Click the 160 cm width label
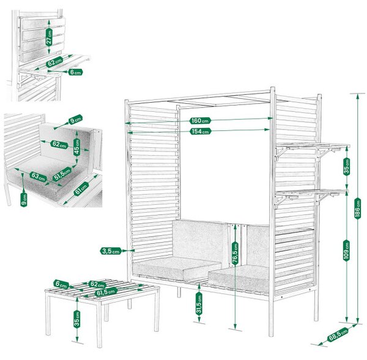[201, 120]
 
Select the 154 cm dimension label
[201, 131]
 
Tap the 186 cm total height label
[357, 208]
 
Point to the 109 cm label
[347, 251]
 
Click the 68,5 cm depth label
[338, 334]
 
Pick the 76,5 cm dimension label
[235, 254]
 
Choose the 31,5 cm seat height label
[199, 304]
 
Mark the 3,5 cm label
[111, 251]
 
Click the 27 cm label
[49, 37]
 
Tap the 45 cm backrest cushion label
[77, 147]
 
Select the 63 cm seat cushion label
[38, 177]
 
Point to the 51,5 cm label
[62, 174]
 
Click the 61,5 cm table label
[106, 292]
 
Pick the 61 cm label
[81, 189]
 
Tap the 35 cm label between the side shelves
[347, 166]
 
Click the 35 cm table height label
[77, 319]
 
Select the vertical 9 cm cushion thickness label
[24, 199]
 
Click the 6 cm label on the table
[61, 284]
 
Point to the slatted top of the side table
[102, 291]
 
